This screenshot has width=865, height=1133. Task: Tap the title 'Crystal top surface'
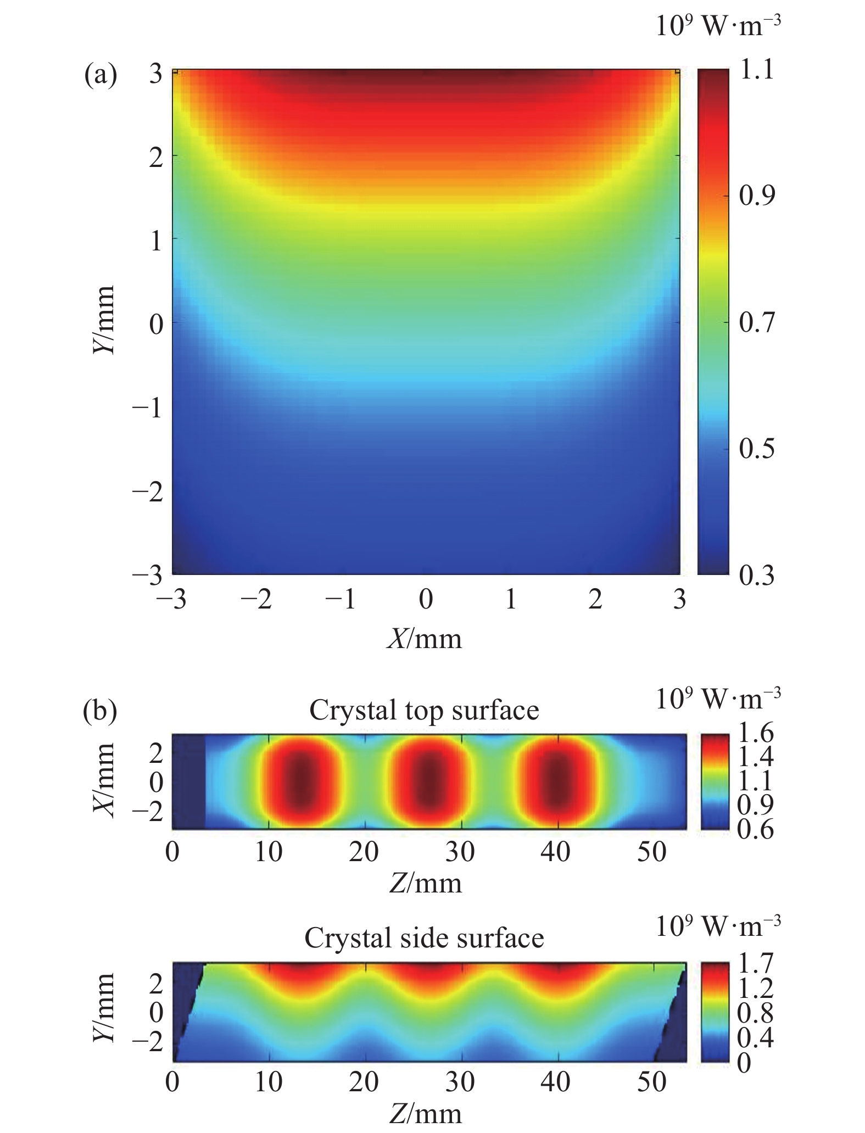424,710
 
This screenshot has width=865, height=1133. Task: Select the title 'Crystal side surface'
424,937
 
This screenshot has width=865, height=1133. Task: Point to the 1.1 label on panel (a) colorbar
756,70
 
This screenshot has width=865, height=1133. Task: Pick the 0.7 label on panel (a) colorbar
756,322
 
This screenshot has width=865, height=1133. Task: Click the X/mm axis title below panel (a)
425,639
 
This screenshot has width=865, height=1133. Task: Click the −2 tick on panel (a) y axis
147,492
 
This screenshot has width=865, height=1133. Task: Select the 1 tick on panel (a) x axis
511,600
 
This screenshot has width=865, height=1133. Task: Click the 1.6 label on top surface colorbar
756,733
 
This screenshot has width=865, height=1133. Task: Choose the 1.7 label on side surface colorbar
756,963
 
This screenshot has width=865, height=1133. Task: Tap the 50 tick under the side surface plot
652,1081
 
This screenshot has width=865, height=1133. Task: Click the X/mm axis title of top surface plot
104,780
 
